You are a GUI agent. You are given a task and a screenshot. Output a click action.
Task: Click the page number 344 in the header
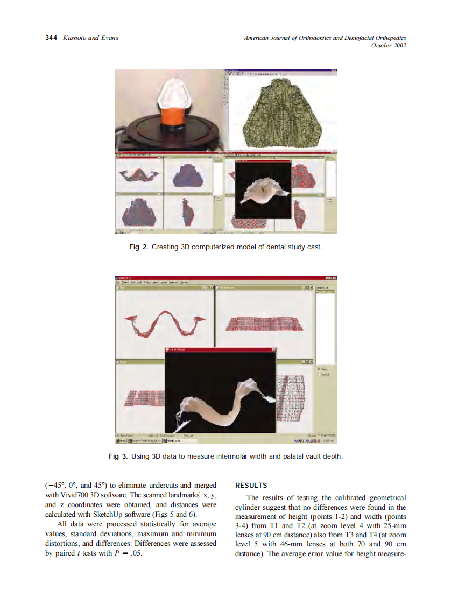tap(51, 38)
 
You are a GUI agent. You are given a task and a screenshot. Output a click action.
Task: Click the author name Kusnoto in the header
tap(75, 38)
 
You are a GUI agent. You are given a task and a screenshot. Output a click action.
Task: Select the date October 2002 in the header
tap(388, 45)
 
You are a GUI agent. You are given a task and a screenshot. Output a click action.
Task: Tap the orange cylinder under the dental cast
tap(172, 116)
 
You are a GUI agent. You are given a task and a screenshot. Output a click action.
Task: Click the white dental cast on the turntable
tap(172, 94)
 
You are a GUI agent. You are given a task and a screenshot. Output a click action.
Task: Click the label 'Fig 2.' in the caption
tap(138, 247)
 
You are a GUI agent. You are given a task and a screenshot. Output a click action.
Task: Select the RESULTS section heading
tap(251, 486)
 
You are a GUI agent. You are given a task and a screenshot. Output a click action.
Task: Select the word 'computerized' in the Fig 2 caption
tap(207, 247)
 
